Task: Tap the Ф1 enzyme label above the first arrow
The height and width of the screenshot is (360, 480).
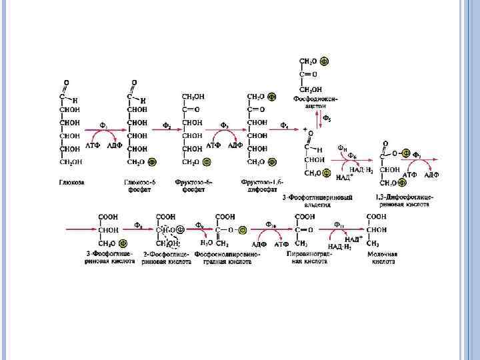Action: pos(104,125)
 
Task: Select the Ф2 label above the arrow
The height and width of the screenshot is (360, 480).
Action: pos(167,125)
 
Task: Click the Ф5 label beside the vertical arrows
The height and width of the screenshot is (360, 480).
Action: pos(327,118)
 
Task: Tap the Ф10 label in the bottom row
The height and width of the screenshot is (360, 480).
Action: pos(271,224)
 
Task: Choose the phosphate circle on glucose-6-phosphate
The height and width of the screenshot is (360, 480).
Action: pos(153,161)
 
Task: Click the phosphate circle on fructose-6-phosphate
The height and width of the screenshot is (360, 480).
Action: pos(207,161)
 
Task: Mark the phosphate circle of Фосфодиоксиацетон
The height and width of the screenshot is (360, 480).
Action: pos(324,61)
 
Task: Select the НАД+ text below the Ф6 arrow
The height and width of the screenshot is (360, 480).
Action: pos(343,177)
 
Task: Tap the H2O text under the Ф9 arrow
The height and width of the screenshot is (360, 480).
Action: pos(207,243)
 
